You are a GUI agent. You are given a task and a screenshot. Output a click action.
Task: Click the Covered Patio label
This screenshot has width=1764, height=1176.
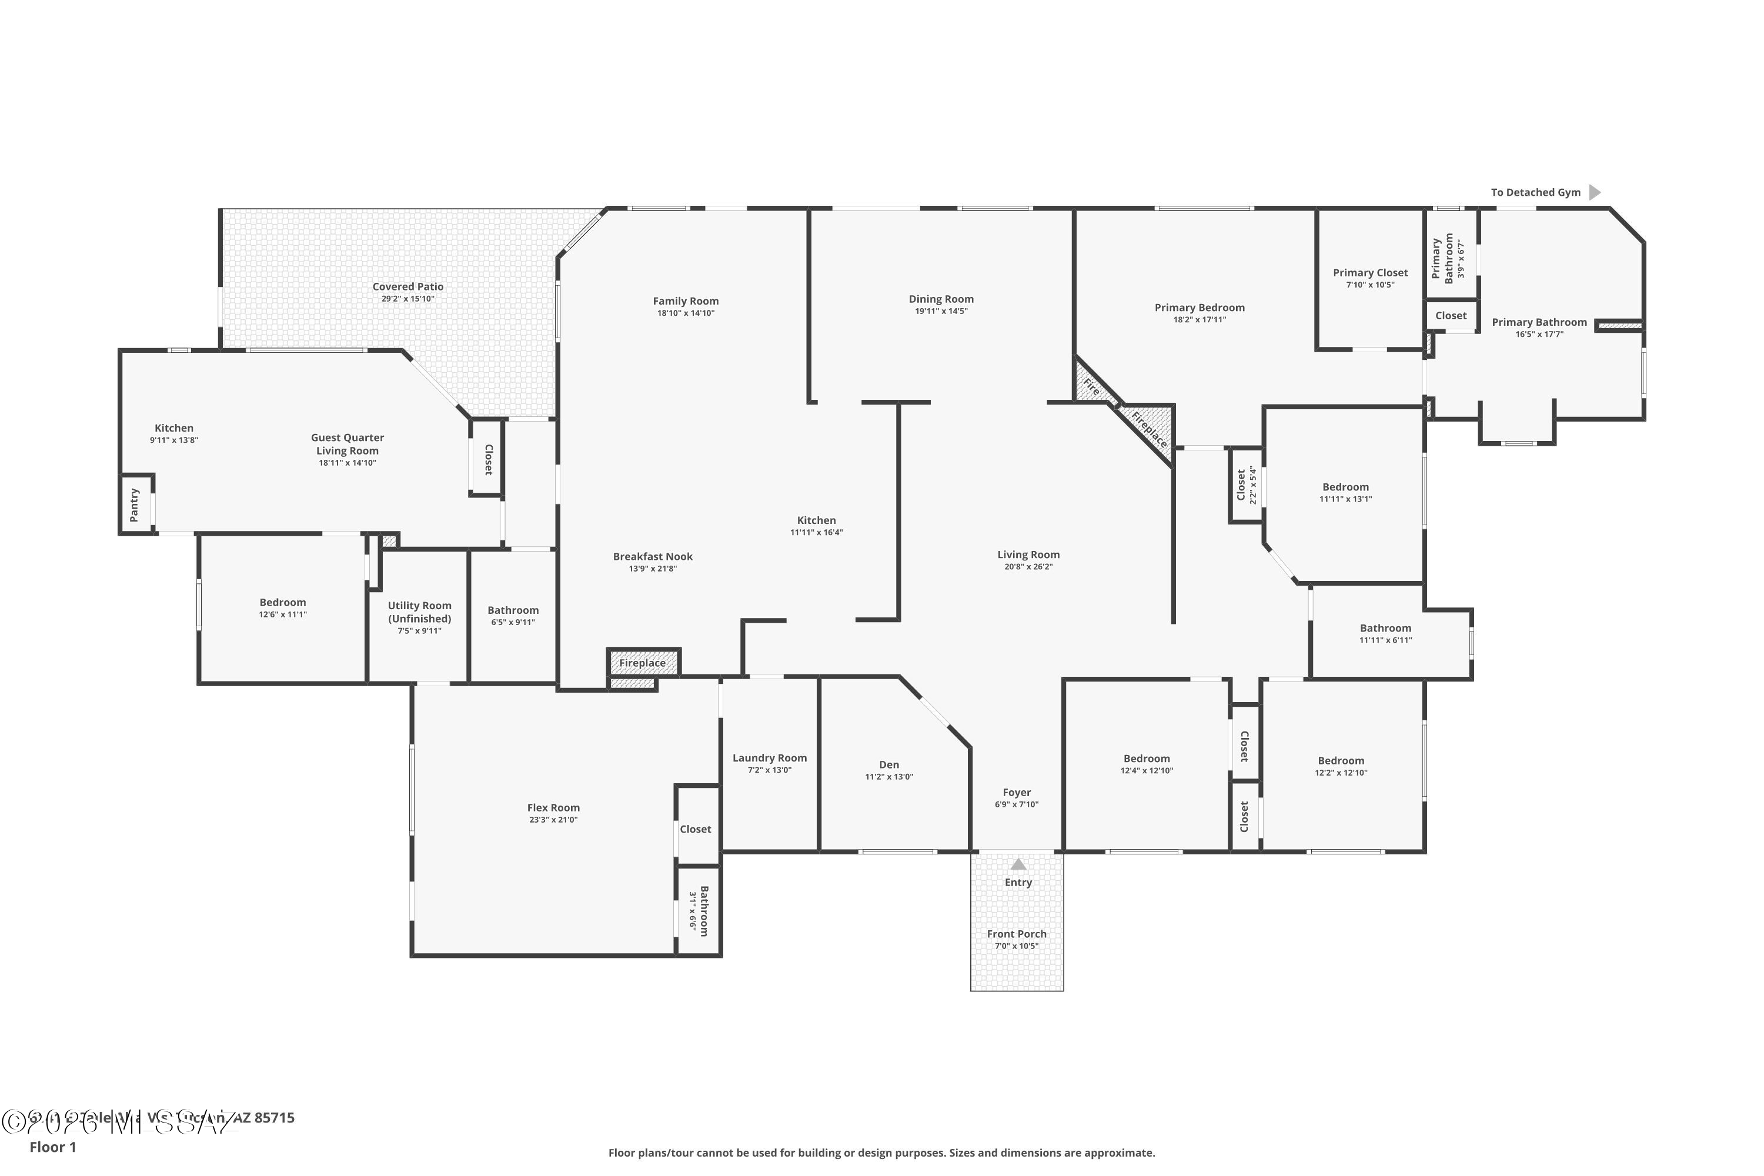pyautogui.click(x=408, y=286)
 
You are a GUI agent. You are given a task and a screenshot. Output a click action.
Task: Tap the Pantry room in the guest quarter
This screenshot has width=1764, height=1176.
pyautogui.click(x=135, y=505)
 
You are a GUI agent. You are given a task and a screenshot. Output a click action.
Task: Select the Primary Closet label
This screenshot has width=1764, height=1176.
pyautogui.click(x=1370, y=273)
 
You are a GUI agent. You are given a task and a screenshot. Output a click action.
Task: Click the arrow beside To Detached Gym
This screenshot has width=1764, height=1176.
pyautogui.click(x=1595, y=193)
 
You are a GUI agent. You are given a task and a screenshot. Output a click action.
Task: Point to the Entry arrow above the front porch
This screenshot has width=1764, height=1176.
pyautogui.click(x=1018, y=864)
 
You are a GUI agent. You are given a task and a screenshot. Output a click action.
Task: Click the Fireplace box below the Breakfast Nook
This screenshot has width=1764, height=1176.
pyautogui.click(x=643, y=663)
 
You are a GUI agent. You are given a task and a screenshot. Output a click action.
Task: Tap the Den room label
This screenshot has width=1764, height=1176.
pyautogui.click(x=888, y=765)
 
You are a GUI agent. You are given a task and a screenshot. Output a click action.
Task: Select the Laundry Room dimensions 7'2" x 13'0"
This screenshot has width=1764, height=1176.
pyautogui.click(x=770, y=770)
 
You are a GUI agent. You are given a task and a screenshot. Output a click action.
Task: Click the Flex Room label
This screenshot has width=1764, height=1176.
pyautogui.click(x=553, y=808)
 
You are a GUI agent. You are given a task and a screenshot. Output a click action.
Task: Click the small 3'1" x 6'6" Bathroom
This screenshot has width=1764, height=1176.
pyautogui.click(x=699, y=910)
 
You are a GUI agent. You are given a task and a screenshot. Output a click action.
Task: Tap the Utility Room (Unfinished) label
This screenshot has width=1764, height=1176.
pyautogui.click(x=419, y=612)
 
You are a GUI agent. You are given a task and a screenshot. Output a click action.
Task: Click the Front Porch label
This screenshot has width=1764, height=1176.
pyautogui.click(x=1016, y=934)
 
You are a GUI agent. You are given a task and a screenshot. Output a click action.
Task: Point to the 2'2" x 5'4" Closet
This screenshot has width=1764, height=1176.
pyautogui.click(x=1245, y=485)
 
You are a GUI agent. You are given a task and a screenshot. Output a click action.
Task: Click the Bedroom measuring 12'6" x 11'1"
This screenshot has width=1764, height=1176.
pyautogui.click(x=283, y=607)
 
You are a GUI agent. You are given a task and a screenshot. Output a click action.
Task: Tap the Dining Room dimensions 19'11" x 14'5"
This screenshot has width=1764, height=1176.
pyautogui.click(x=941, y=311)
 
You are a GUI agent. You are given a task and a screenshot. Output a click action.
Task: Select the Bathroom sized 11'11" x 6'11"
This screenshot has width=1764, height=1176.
pyautogui.click(x=1385, y=634)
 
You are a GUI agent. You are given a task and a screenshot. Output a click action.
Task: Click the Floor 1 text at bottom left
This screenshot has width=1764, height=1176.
pyautogui.click(x=52, y=1147)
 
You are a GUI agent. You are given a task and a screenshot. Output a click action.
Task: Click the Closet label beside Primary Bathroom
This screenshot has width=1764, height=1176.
pyautogui.click(x=1451, y=316)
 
